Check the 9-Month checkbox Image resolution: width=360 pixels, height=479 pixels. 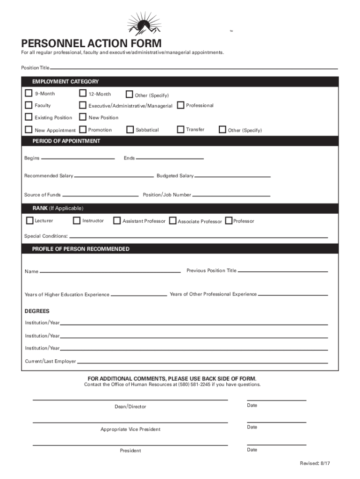tap(29, 93)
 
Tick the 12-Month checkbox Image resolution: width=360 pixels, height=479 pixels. tap(83, 93)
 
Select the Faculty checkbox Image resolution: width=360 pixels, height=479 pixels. tap(29, 105)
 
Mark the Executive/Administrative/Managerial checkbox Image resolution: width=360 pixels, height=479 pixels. tap(83, 105)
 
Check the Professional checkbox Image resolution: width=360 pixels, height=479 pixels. tap(180, 105)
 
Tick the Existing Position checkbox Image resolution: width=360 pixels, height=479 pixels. tap(29, 117)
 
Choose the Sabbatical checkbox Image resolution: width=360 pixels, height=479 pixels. tap(130, 130)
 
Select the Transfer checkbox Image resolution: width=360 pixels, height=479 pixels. tap(180, 129)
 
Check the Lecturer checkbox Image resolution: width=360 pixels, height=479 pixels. tap(30, 220)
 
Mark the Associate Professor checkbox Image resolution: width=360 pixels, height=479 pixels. tap(173, 221)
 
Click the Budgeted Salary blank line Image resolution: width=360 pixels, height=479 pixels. tap(232, 177)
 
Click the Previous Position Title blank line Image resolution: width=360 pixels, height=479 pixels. tap(283, 271)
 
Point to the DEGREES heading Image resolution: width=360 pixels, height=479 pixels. tap(37, 311)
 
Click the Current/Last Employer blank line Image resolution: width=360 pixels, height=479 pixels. tap(202, 363)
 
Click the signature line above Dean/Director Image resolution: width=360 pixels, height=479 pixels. tap(130, 400)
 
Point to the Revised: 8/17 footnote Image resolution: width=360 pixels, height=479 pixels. tap(315, 463)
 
